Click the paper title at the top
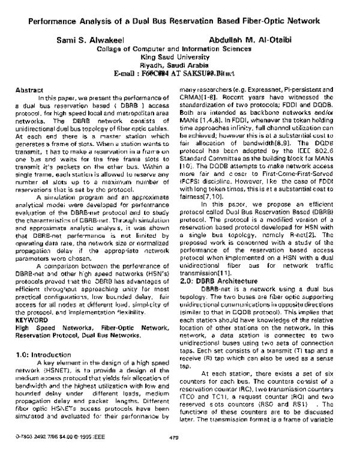click(x=179, y=20)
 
